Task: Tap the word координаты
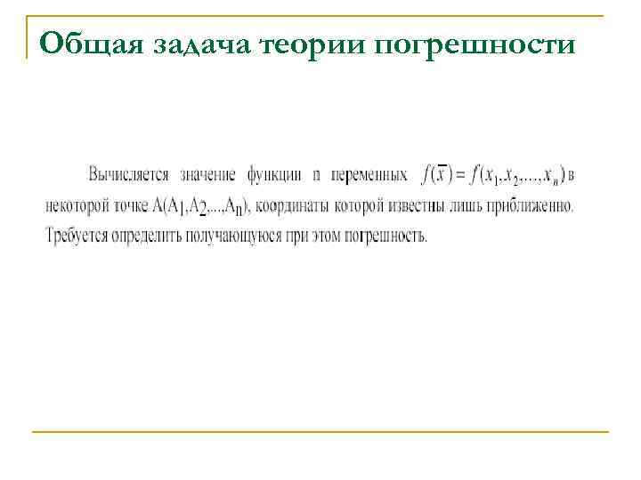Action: click(x=295, y=206)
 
